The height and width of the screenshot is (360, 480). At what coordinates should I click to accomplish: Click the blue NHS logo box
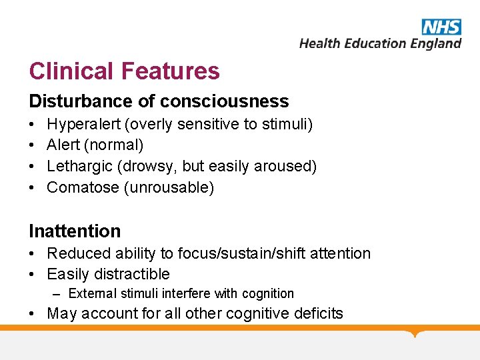(441, 27)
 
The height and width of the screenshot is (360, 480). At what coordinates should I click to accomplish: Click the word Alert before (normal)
(63, 145)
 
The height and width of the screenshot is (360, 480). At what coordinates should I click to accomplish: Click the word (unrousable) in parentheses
(169, 187)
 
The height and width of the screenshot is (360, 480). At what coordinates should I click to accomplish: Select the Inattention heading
(75, 231)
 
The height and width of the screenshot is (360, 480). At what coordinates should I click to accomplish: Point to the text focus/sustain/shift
(245, 253)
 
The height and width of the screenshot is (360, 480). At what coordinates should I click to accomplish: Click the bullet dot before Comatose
(33, 188)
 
